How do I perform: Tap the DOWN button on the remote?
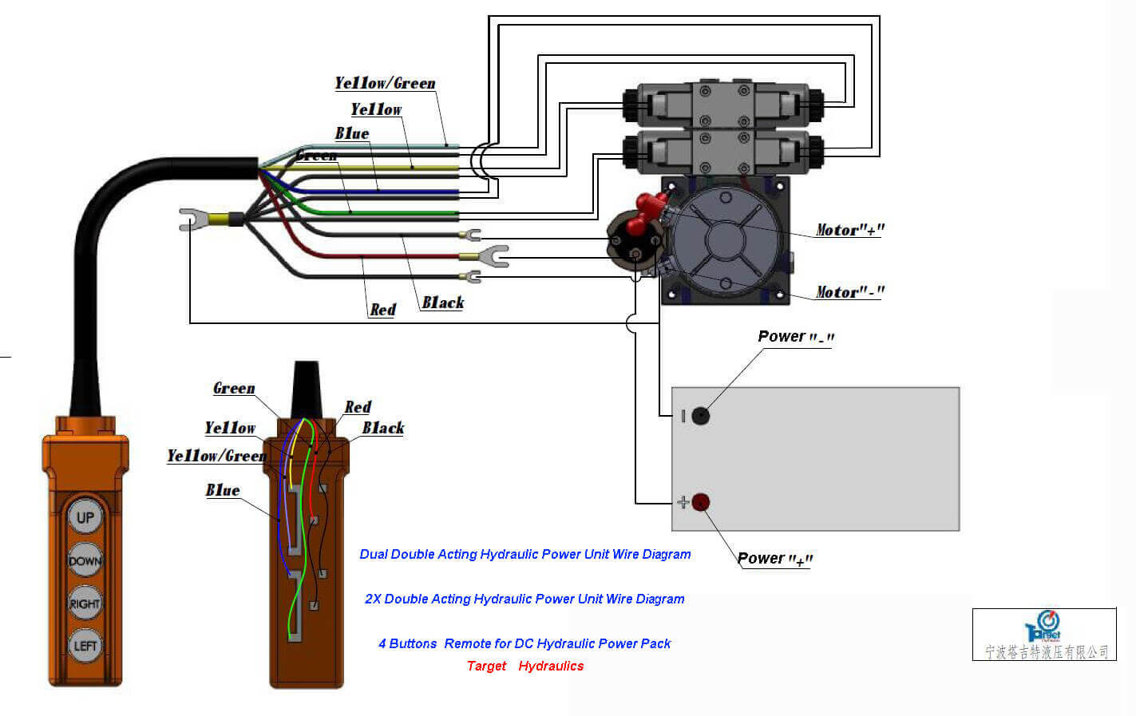(85, 560)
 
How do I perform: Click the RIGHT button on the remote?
(85, 603)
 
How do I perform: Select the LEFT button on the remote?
(85, 646)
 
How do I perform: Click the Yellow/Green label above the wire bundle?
(385, 83)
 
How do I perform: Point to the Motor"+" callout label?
(849, 230)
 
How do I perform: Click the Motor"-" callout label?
(849, 292)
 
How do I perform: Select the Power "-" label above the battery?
(795, 337)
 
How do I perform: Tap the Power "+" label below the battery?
(774, 559)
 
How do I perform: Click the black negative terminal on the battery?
(700, 415)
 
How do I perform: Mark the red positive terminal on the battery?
(700, 502)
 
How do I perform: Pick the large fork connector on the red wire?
(491, 256)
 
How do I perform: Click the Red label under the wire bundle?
(382, 310)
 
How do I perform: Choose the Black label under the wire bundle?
(442, 303)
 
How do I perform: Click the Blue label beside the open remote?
(222, 490)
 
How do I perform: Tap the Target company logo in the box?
(1043, 627)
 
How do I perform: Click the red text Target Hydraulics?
(524, 666)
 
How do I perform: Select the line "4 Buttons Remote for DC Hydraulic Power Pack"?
(524, 643)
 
